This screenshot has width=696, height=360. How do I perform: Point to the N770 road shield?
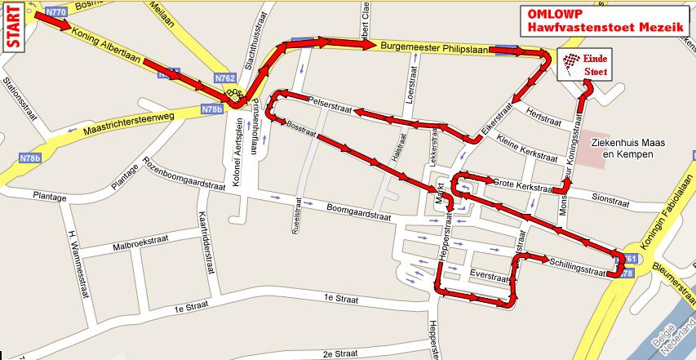point(55,12)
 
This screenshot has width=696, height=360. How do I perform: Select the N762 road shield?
point(226,78)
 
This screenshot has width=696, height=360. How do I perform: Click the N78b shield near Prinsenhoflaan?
point(211,108)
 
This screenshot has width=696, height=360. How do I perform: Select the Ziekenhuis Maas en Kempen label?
point(629,148)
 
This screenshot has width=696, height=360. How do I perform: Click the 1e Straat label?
point(193,308)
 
